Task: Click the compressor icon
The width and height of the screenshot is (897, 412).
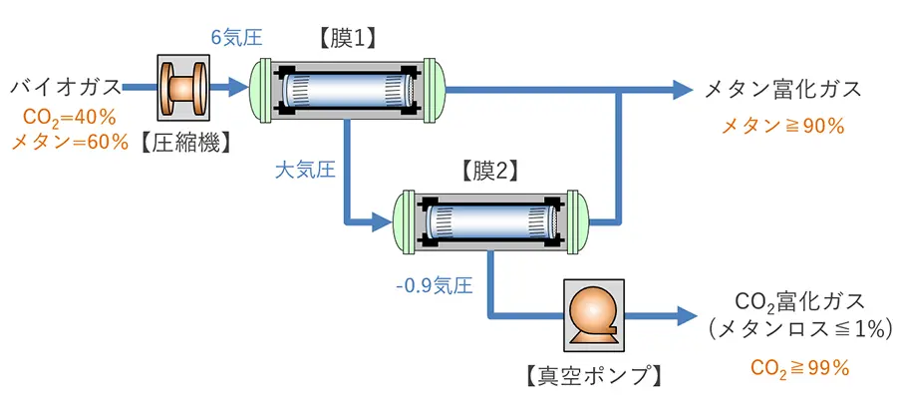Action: point(183,89)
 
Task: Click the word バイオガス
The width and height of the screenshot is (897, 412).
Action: point(67,88)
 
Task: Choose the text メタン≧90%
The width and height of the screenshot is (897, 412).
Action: point(782,127)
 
